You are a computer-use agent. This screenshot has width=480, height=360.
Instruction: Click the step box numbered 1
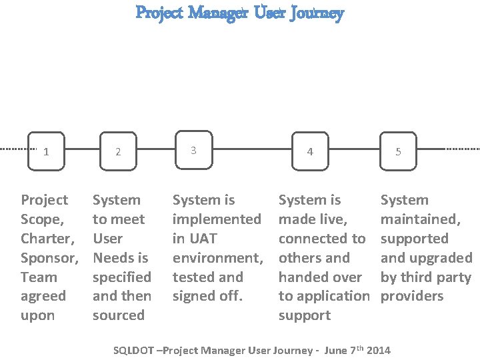(x=45, y=151)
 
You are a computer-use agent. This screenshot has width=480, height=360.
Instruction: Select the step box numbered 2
(x=118, y=151)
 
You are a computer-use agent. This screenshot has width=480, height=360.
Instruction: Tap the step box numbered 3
(x=193, y=150)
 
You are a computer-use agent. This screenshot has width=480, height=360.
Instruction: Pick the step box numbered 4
(x=309, y=151)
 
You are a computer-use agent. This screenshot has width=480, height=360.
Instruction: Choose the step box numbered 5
(x=398, y=151)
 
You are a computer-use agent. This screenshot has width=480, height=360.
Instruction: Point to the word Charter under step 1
(x=46, y=239)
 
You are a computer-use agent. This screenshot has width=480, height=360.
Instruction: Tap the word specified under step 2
(x=121, y=277)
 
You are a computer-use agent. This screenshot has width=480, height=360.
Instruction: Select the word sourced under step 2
(x=119, y=315)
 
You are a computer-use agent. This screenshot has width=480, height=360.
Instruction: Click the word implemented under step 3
(x=217, y=219)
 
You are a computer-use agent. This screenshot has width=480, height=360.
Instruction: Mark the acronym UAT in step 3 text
(x=204, y=239)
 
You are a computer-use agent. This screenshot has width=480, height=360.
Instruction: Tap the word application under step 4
(x=333, y=296)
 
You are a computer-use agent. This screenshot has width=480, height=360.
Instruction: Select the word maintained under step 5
(x=419, y=219)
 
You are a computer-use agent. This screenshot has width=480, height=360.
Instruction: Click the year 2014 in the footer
(x=379, y=350)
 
